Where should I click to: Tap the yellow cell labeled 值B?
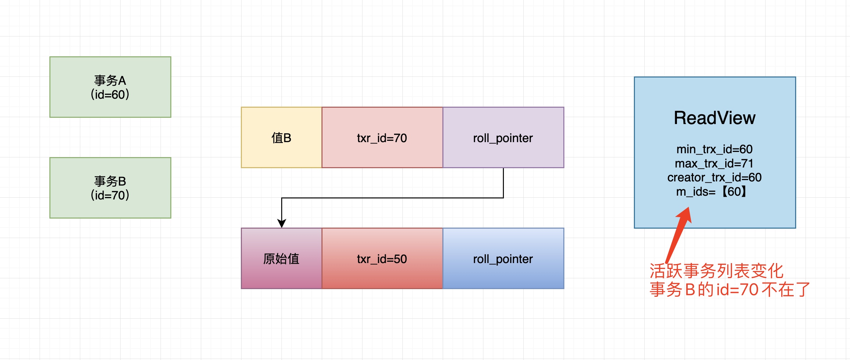[281, 138]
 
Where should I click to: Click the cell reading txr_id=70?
[382, 138]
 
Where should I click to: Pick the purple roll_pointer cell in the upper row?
[503, 138]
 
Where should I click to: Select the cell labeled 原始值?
[281, 259]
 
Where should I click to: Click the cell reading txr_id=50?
[382, 259]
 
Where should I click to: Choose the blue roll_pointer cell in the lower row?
[503, 259]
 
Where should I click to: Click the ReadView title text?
[714, 118]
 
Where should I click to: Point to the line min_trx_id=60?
[714, 149]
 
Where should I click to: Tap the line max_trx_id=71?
[714, 163]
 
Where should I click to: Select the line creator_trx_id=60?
[714, 178]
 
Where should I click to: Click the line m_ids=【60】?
[712, 192]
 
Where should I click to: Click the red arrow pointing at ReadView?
[678, 236]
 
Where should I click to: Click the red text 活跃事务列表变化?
[717, 271]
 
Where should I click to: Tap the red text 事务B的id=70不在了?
[730, 289]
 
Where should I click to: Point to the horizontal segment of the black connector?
[393, 198]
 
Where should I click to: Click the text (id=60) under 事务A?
[110, 95]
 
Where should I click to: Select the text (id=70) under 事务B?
[110, 195]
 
